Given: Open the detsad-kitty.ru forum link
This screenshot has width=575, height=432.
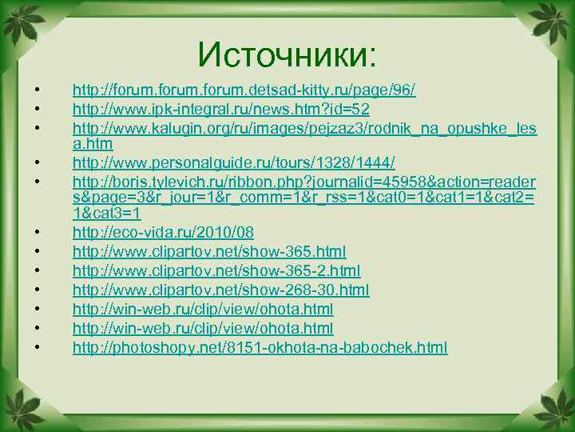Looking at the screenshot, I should coord(244,90).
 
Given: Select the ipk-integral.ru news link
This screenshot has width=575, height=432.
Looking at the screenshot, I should coord(220,109).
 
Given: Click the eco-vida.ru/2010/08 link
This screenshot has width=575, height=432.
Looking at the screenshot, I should coord(163,233).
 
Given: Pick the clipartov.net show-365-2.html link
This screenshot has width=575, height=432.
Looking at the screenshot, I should coord(216,271).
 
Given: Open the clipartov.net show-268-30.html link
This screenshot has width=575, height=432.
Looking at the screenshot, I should coord(220,290).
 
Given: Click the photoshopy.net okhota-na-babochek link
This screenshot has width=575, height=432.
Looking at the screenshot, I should coord(260,348).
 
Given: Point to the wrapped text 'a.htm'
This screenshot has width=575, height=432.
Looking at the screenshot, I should coord(93,144).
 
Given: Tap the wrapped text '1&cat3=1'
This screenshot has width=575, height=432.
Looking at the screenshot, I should coord(106,214).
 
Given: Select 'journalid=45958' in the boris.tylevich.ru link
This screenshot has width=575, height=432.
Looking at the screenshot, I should coord(352,183).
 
